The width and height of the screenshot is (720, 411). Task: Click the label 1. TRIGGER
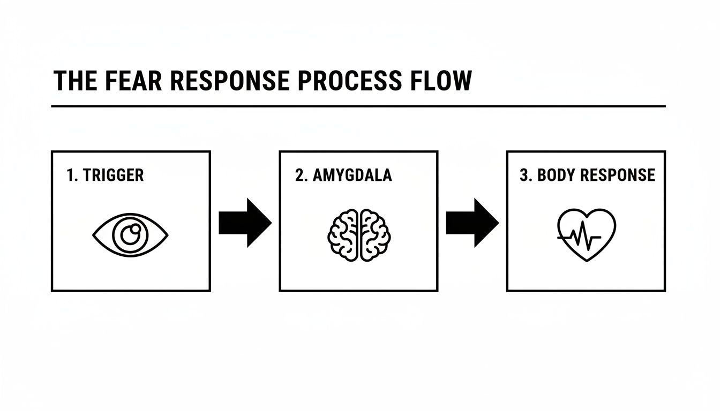pyautogui.click(x=105, y=175)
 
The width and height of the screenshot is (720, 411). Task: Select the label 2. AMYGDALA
pyautogui.click(x=343, y=175)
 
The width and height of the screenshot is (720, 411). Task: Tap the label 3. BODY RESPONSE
pyautogui.click(x=587, y=175)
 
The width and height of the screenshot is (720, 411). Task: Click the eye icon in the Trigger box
pyautogui.click(x=130, y=234)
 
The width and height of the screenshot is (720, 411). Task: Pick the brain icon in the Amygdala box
pyautogui.click(x=359, y=234)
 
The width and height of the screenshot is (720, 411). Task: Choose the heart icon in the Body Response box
pyautogui.click(x=587, y=234)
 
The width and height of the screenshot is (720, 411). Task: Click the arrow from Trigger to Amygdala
pyautogui.click(x=245, y=223)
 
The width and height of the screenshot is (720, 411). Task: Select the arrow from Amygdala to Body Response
pyautogui.click(x=472, y=223)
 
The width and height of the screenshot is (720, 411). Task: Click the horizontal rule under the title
pyautogui.click(x=358, y=106)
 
